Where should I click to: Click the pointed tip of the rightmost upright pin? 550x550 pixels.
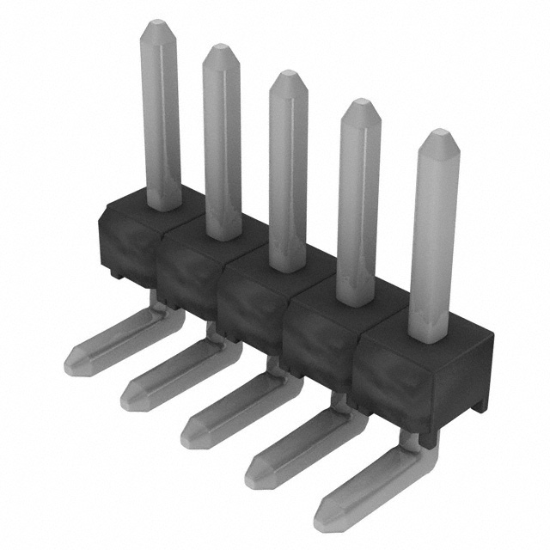[439, 134]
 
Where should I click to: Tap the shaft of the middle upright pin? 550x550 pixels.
[288, 172]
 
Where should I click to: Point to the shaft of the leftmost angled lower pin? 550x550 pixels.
[120, 339]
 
